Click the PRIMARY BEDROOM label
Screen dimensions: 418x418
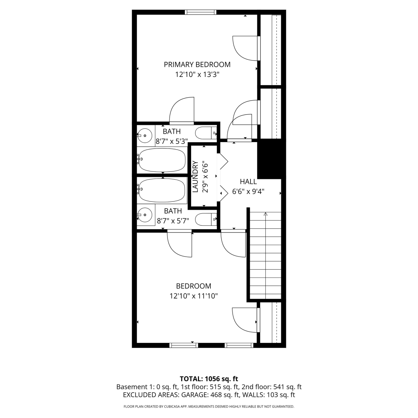click(197, 65)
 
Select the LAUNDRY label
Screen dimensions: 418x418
click(195, 177)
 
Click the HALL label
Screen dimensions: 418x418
click(248, 182)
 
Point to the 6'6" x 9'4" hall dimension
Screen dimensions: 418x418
click(248, 192)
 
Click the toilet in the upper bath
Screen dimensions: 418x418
click(206, 133)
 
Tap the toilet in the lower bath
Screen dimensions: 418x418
click(206, 219)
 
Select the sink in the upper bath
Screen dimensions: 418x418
click(144, 135)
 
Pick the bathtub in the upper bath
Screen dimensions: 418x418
click(162, 160)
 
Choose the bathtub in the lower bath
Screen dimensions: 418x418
click(162, 190)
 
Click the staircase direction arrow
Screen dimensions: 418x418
click(265, 214)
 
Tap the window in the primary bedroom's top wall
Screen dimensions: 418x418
click(200, 12)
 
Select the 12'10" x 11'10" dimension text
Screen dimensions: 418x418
click(194, 296)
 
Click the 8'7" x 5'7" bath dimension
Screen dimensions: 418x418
click(173, 221)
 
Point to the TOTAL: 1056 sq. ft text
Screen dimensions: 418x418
click(209, 379)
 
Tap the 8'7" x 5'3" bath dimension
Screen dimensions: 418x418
click(172, 141)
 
